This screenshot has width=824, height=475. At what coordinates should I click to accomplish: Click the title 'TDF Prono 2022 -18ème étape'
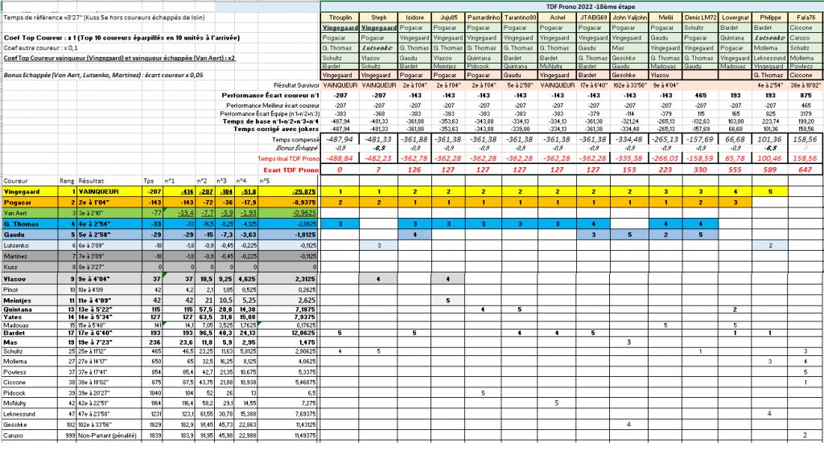572,6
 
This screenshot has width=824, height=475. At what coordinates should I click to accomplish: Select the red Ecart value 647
804,170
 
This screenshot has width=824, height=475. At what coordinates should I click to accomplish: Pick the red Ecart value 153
629,170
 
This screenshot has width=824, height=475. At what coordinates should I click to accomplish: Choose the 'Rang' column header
66,181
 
